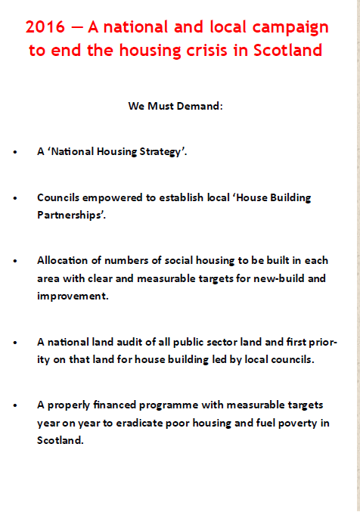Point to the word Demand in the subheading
coord(199,106)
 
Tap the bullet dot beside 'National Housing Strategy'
coord(16,152)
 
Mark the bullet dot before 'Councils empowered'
coord(16,198)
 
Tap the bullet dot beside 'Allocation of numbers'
coord(16,261)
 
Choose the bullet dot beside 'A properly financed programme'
coord(16,405)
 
